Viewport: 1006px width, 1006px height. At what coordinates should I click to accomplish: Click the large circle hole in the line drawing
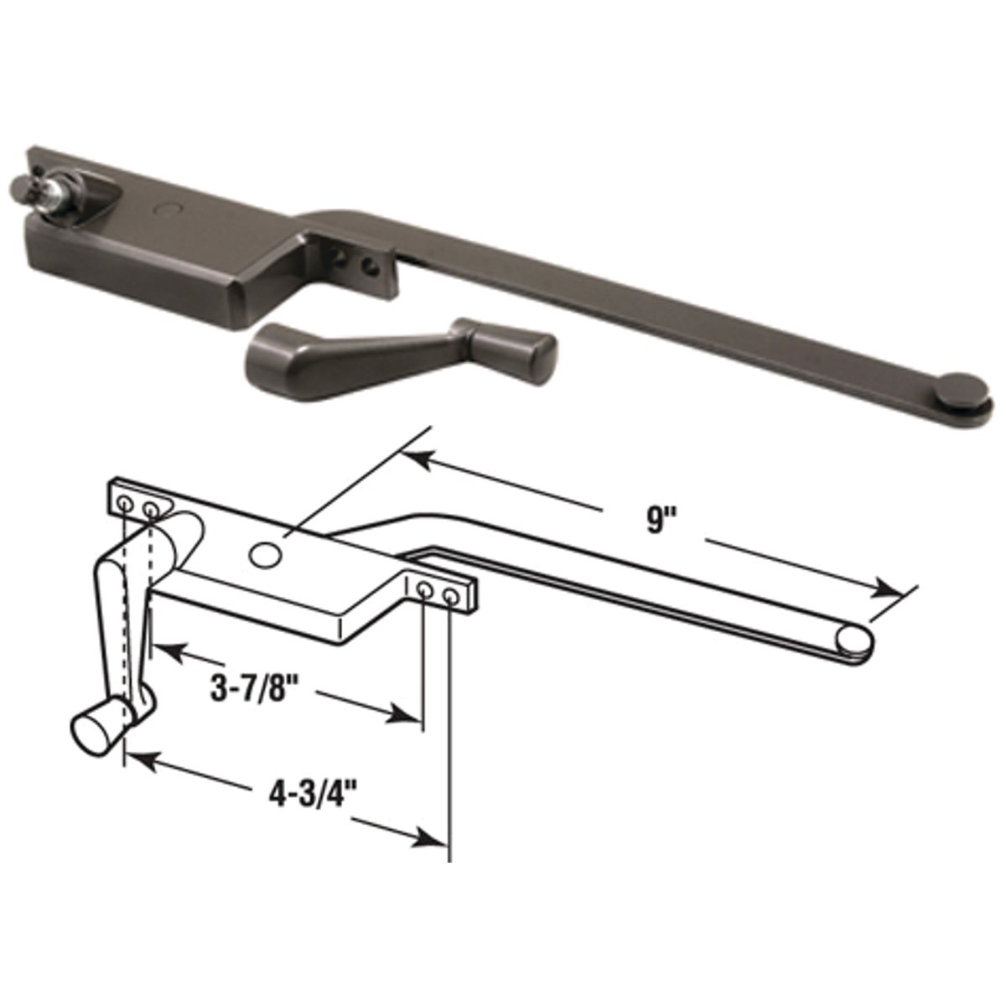(x=265, y=553)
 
